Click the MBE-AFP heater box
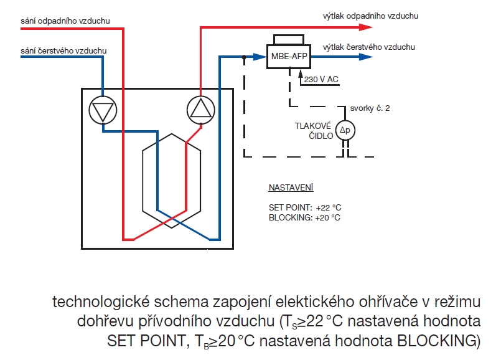(289, 56)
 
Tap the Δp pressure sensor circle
(345, 130)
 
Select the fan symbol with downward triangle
(103, 110)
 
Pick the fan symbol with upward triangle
(201, 110)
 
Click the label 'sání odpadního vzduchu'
(65, 21)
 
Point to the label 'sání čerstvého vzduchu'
(63, 50)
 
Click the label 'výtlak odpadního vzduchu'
(370, 16)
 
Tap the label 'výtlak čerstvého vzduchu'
(369, 47)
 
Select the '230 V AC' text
(321, 79)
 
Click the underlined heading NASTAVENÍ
(291, 187)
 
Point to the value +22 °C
(329, 207)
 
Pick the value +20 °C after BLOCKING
(327, 218)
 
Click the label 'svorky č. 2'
(370, 108)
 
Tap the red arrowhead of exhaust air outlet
(366, 27)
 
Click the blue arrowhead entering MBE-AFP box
(260, 57)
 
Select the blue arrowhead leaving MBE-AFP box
(366, 57)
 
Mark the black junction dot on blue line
(244, 57)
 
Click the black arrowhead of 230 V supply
(300, 73)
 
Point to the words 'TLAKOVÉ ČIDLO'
(314, 131)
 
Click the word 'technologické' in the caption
(101, 302)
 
